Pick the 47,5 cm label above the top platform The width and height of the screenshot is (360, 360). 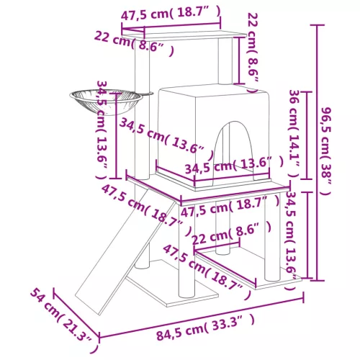click(x=171, y=14)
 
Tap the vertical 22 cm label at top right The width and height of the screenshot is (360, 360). click(x=251, y=50)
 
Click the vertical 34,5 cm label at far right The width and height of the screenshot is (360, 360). click(x=291, y=238)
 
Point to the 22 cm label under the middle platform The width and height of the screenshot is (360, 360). click(x=233, y=233)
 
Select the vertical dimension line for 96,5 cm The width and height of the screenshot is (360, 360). click(x=314, y=151)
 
